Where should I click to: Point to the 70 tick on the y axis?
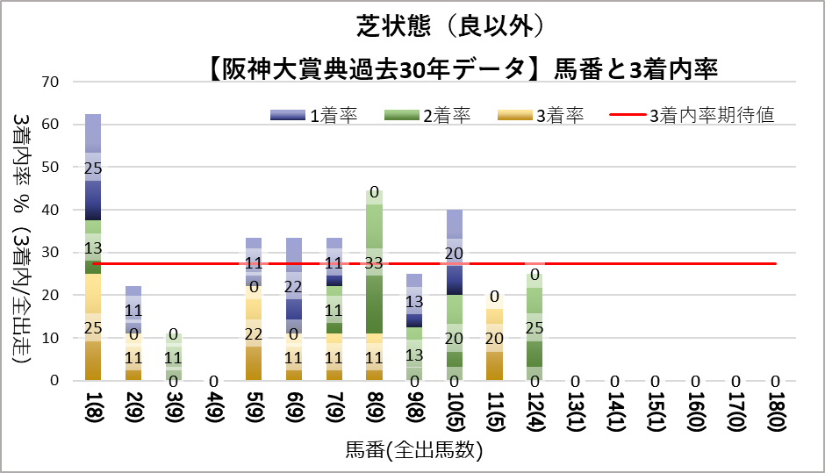pyautogui.click(x=49, y=82)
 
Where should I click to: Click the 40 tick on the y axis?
pyautogui.click(x=49, y=210)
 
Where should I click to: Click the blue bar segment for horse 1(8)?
pyautogui.click(x=93, y=167)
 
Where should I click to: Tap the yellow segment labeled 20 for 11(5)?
pyautogui.click(x=494, y=337)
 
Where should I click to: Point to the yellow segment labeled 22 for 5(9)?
pyautogui.click(x=254, y=333)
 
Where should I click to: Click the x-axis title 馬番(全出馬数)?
pyautogui.click(x=413, y=450)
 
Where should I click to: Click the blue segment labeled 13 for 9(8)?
pyautogui.click(x=414, y=300)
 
